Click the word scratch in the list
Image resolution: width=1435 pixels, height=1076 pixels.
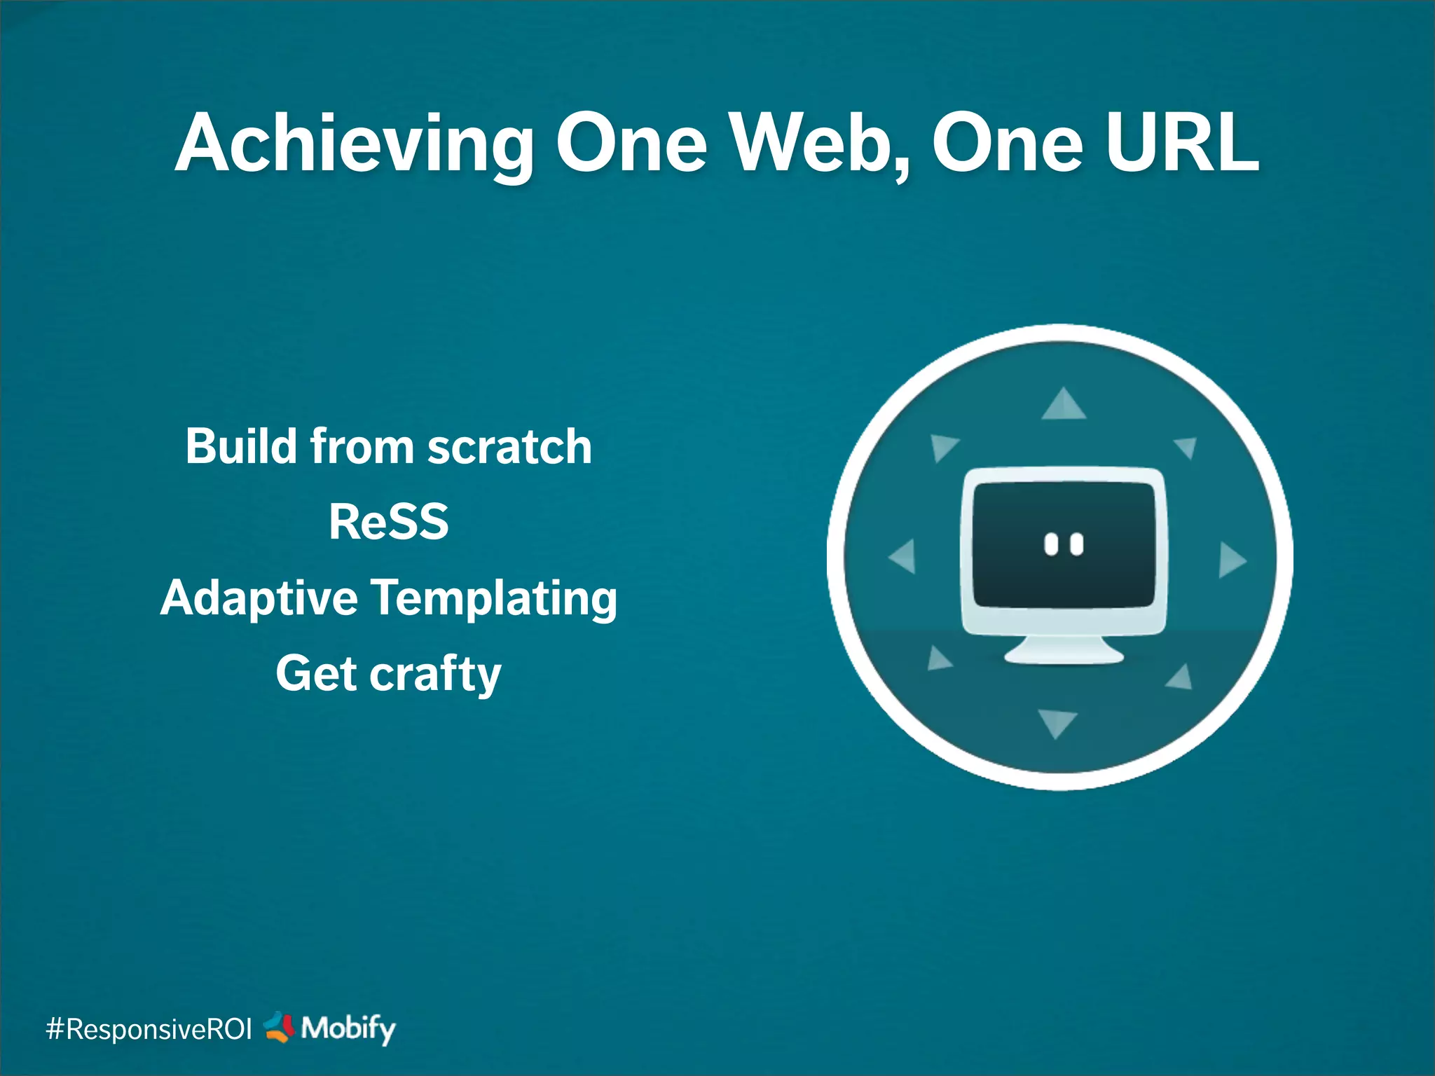coord(509,447)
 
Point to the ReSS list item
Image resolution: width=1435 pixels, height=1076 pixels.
coord(389,523)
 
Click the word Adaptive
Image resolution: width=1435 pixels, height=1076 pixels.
coord(259,598)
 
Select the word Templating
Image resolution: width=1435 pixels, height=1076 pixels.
coord(493,598)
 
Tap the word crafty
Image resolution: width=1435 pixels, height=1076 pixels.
coord(435,674)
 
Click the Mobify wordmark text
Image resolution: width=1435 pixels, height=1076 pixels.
coord(348,1029)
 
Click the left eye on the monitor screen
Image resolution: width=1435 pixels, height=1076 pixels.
coord(1051,544)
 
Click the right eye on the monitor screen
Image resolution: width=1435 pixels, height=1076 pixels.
coord(1077,544)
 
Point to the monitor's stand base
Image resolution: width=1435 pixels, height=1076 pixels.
coord(1064,654)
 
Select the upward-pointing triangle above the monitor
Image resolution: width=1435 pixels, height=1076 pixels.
coord(1064,406)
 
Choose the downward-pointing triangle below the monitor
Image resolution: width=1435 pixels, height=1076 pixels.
coord(1057,722)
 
